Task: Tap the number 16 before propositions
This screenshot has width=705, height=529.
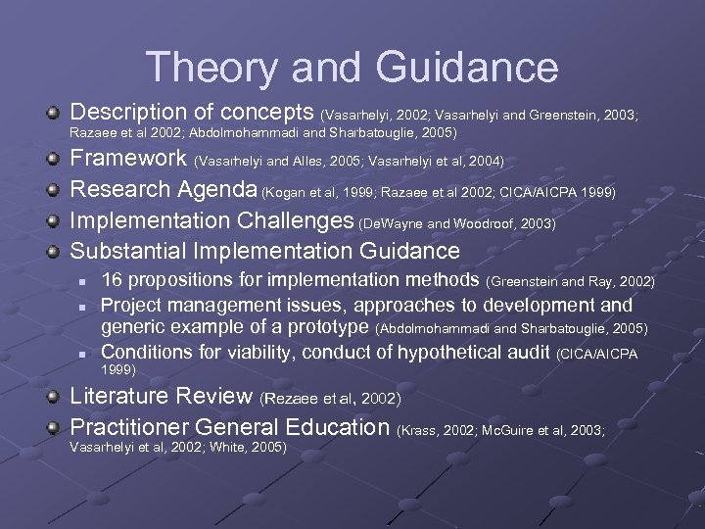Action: point(113,282)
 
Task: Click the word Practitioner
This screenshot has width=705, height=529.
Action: point(129,427)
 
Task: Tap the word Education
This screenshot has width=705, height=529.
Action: point(337,427)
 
